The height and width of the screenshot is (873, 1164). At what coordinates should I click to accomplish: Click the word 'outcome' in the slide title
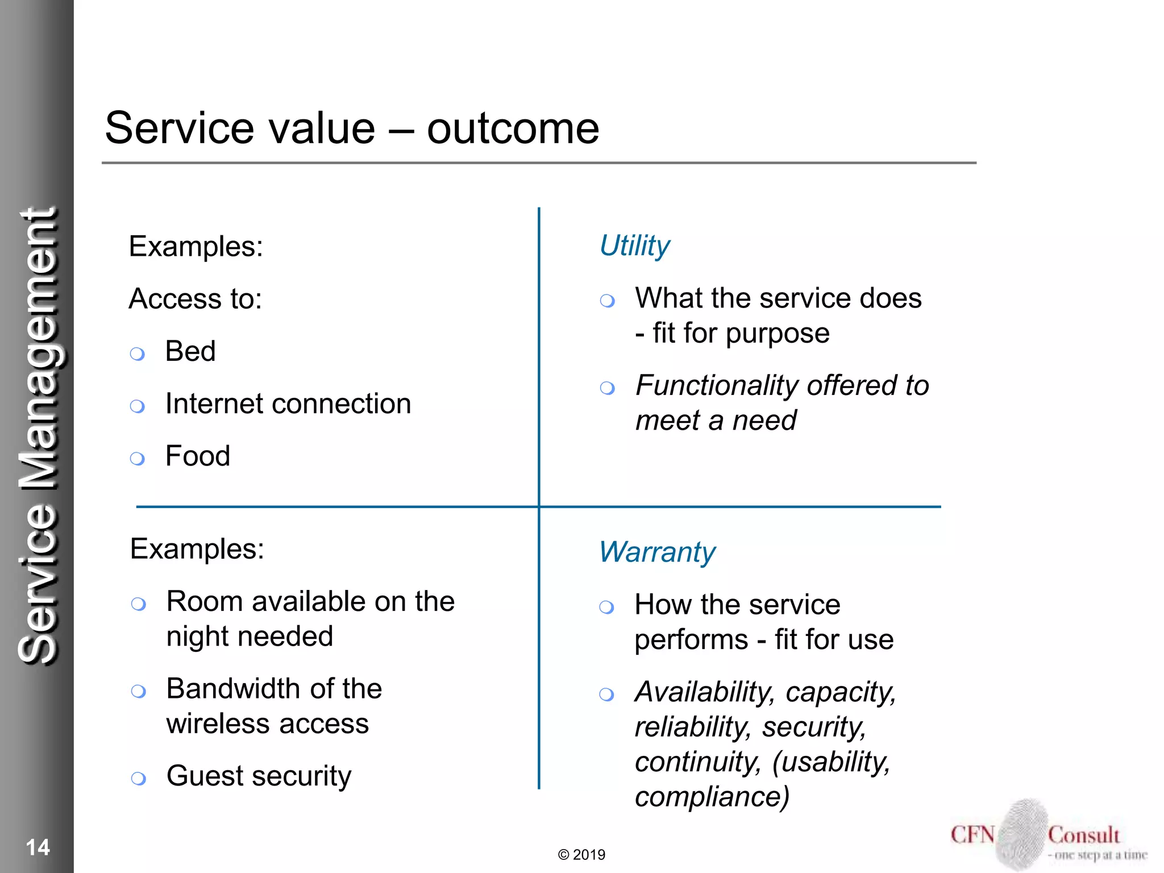513,128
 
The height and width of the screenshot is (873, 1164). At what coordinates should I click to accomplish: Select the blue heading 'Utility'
635,246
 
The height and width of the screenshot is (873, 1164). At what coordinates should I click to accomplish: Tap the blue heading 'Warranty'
657,552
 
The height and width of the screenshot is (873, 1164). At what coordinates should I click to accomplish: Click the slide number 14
38,847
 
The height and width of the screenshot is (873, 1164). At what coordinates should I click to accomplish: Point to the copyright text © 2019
581,855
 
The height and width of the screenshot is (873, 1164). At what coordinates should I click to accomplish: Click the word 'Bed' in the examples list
190,351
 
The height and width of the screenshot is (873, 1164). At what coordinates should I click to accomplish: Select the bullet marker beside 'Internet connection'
137,406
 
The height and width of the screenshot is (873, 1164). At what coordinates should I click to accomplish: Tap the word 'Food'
197,456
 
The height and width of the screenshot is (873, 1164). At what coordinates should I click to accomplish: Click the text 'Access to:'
195,299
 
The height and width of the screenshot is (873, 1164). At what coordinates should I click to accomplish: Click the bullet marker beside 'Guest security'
138,778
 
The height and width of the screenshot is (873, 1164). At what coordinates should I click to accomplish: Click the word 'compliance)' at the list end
712,797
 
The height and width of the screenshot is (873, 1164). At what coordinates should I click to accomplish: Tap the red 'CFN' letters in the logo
972,835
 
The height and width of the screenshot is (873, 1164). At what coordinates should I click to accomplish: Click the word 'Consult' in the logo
1083,835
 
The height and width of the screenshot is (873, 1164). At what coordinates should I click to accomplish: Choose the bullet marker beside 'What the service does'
607,301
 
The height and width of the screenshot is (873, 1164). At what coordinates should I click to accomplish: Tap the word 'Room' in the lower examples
204,601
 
